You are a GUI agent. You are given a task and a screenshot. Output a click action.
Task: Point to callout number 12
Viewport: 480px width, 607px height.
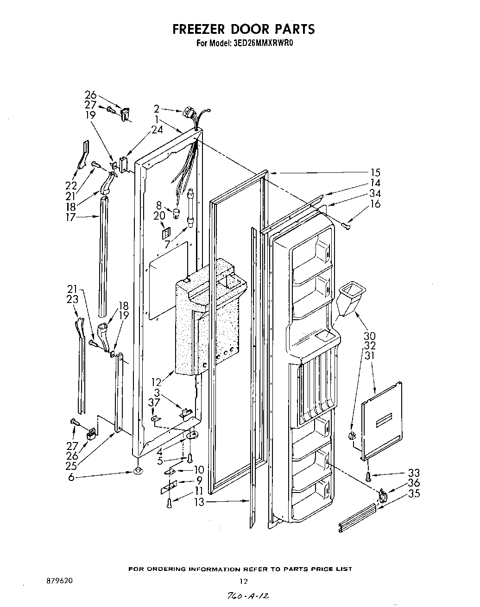(x=158, y=382)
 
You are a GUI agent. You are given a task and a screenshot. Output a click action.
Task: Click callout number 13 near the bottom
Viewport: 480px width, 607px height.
(x=199, y=502)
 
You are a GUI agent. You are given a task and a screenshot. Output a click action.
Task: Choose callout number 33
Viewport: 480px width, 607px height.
(x=413, y=473)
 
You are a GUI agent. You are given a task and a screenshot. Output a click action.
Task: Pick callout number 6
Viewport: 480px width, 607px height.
(x=71, y=477)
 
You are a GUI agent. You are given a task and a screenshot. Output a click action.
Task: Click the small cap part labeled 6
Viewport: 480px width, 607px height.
(x=138, y=472)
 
